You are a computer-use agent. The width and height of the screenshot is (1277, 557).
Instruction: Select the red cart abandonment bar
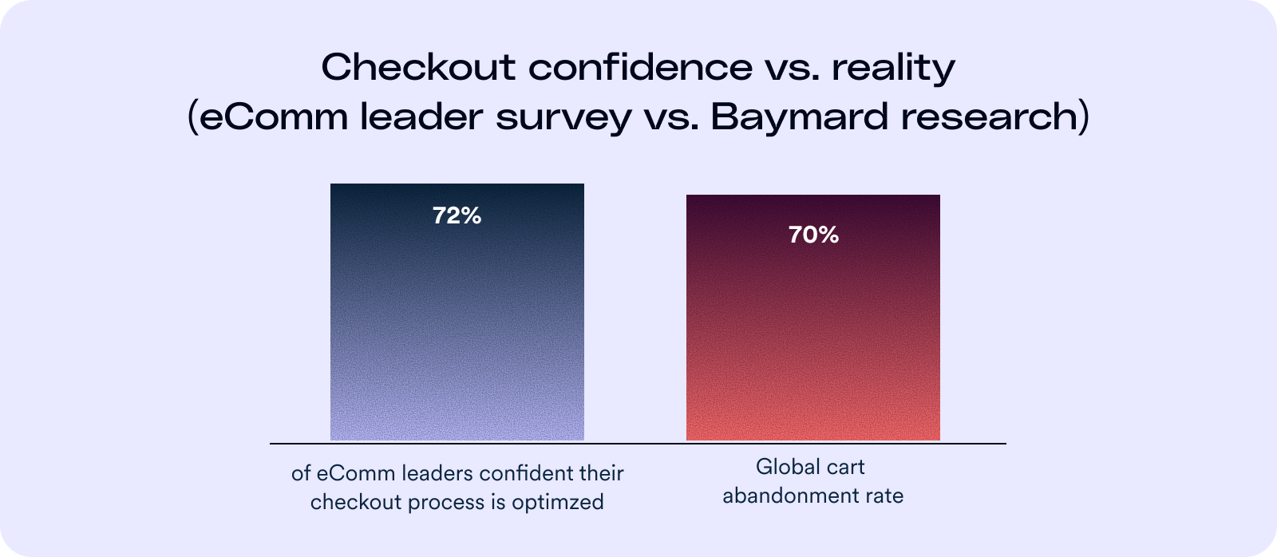tap(812, 335)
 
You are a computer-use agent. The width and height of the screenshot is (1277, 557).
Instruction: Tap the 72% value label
tap(457, 216)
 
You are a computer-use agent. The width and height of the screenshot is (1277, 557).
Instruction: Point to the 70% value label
tap(813, 235)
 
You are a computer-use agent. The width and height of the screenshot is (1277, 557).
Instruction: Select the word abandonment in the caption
tap(793, 496)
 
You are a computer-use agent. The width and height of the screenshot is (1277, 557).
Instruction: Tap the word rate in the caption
tap(886, 496)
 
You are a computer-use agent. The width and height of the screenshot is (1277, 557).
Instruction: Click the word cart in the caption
tap(846, 467)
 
